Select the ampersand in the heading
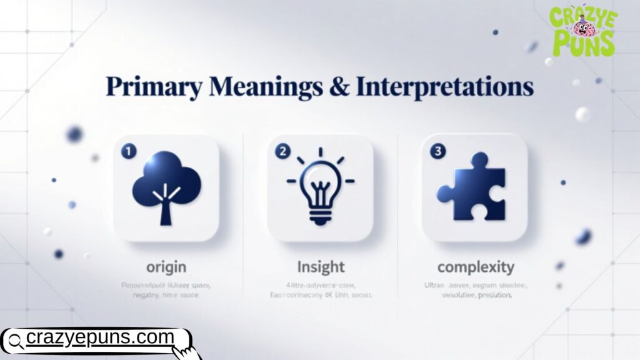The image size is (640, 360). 340,87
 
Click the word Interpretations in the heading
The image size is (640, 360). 445,87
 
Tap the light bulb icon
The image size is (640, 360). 320,187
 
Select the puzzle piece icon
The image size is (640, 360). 474,187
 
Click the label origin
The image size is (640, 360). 166,267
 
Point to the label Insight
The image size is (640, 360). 320,267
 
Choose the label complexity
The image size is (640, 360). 476,267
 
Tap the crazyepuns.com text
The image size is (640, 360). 100,338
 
